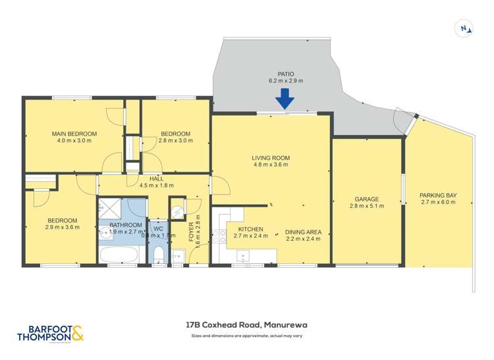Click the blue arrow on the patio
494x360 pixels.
click(x=285, y=99)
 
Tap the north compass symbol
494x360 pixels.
click(x=465, y=28)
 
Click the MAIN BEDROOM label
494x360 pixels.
click(x=74, y=134)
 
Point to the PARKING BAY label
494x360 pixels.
click(x=438, y=195)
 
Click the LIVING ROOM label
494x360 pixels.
click(x=271, y=158)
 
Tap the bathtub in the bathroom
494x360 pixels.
click(x=119, y=254)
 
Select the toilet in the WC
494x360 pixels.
click(x=158, y=255)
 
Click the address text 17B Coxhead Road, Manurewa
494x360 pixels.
click(x=247, y=324)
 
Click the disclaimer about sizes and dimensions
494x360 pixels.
click(x=247, y=337)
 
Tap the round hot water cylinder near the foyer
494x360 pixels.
click(x=177, y=209)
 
